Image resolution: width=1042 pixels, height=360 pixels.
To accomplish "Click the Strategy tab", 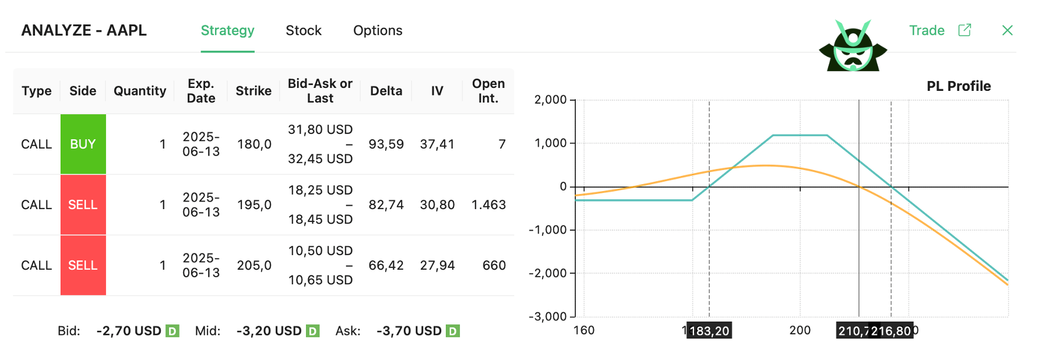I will (227, 31).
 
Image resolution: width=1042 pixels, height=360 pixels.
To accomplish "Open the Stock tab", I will (303, 31).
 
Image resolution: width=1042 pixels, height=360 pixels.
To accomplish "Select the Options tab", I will (378, 31).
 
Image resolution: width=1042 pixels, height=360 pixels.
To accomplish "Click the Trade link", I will (927, 31).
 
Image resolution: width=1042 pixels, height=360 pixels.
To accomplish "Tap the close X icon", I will (1007, 30).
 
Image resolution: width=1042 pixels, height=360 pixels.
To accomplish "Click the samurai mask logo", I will (853, 47).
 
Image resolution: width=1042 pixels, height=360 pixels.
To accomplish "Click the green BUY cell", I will (83, 144).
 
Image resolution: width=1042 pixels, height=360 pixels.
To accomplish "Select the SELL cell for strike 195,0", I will (83, 204).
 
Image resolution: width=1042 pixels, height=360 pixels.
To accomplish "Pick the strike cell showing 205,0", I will (254, 266).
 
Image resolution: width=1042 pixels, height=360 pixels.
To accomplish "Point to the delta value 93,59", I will (386, 144).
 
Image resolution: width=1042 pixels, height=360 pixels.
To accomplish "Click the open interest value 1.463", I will (488, 204).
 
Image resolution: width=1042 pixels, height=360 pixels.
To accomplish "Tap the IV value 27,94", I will (437, 266).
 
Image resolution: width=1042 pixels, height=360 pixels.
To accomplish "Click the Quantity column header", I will (140, 91).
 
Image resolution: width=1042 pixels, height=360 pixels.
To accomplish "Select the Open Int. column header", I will (488, 91).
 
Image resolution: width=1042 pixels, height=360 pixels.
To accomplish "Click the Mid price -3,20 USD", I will (269, 331).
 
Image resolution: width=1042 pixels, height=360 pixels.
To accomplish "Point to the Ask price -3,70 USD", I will (409, 331).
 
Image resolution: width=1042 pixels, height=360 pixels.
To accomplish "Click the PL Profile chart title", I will (959, 86).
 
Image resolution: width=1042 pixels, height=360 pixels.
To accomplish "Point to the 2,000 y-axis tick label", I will (550, 100).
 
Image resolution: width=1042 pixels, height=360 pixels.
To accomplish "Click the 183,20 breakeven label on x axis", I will (709, 331).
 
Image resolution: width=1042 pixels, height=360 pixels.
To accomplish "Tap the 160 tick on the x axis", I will (584, 330).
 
